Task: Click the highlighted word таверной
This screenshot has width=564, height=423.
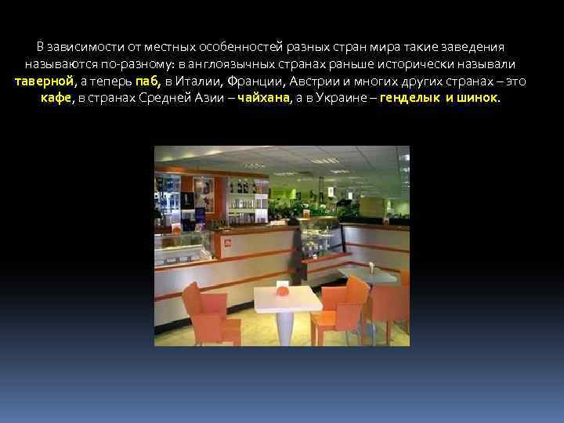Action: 44,81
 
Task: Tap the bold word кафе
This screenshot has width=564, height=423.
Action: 56,99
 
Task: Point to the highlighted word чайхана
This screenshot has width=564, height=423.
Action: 262,99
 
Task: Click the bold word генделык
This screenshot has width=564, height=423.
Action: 409,99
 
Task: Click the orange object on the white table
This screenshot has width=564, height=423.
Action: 283,291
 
